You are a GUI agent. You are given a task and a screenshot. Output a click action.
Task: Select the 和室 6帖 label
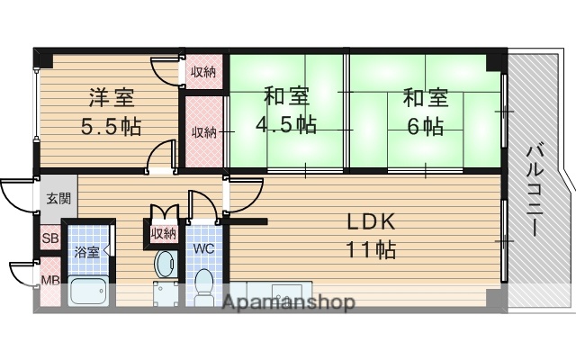pos(422,110)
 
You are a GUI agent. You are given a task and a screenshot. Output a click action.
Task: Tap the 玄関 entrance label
pos(58,199)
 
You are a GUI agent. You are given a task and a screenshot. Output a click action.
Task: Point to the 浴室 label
pos(86,253)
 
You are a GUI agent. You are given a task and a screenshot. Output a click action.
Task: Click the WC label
pos(203,247)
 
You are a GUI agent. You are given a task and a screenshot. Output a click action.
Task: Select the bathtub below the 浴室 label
pos(88,292)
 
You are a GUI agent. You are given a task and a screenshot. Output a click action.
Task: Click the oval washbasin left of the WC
pos(164,264)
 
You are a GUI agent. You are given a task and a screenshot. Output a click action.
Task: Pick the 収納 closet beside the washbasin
pos(164,233)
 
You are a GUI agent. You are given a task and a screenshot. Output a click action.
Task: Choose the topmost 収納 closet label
pos(202,71)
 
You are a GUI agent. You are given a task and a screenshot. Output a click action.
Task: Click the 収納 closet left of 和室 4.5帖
pos(202,131)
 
